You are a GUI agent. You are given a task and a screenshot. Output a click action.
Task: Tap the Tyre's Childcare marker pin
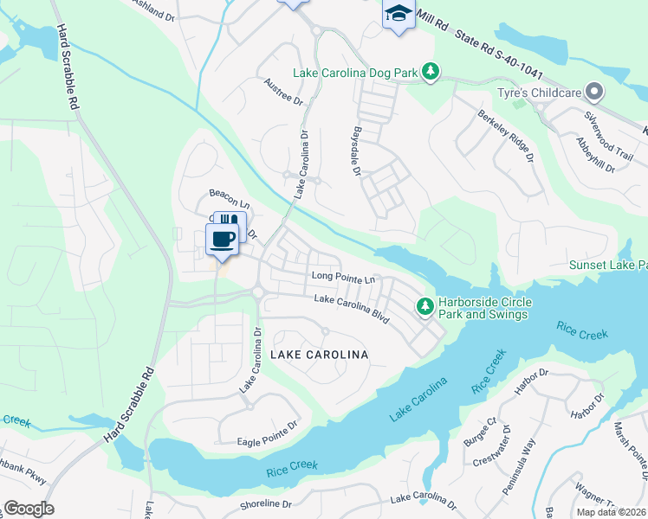click(593, 91)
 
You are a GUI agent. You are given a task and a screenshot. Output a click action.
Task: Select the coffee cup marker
click(222, 239)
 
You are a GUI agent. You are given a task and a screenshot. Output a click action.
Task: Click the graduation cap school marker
click(398, 14)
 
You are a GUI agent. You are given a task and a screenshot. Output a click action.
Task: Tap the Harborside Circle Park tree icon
click(425, 306)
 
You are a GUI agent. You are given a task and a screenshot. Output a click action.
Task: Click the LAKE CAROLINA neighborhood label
click(319, 355)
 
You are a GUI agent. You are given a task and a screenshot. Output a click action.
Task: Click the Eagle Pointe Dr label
click(267, 442)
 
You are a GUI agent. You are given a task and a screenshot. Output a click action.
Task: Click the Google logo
click(29, 509)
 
